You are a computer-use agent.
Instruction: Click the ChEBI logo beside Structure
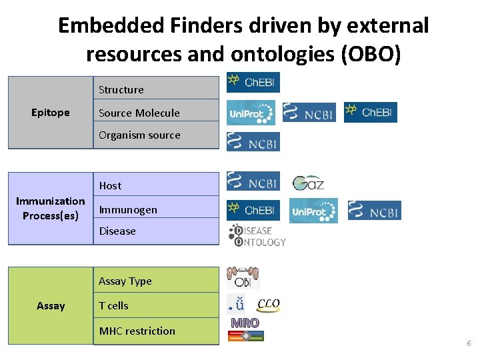(x=253, y=82)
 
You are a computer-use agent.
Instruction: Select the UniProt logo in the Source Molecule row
(x=250, y=113)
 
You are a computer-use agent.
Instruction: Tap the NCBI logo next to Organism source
(x=253, y=141)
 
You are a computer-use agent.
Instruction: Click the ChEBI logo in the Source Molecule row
(x=370, y=112)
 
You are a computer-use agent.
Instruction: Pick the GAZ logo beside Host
(x=309, y=181)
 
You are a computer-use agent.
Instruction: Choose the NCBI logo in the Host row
(x=253, y=181)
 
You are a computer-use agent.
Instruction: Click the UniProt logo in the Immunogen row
(x=313, y=211)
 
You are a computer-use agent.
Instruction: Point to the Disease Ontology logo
(x=257, y=235)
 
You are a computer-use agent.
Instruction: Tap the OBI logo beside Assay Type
(x=243, y=278)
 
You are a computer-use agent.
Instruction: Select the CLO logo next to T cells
(x=268, y=305)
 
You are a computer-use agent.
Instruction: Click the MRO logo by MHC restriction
(x=245, y=323)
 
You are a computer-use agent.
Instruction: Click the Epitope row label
(x=51, y=113)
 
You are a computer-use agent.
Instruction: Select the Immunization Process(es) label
(x=51, y=208)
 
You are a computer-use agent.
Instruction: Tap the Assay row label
(x=51, y=306)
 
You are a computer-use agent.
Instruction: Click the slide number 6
(x=469, y=343)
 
